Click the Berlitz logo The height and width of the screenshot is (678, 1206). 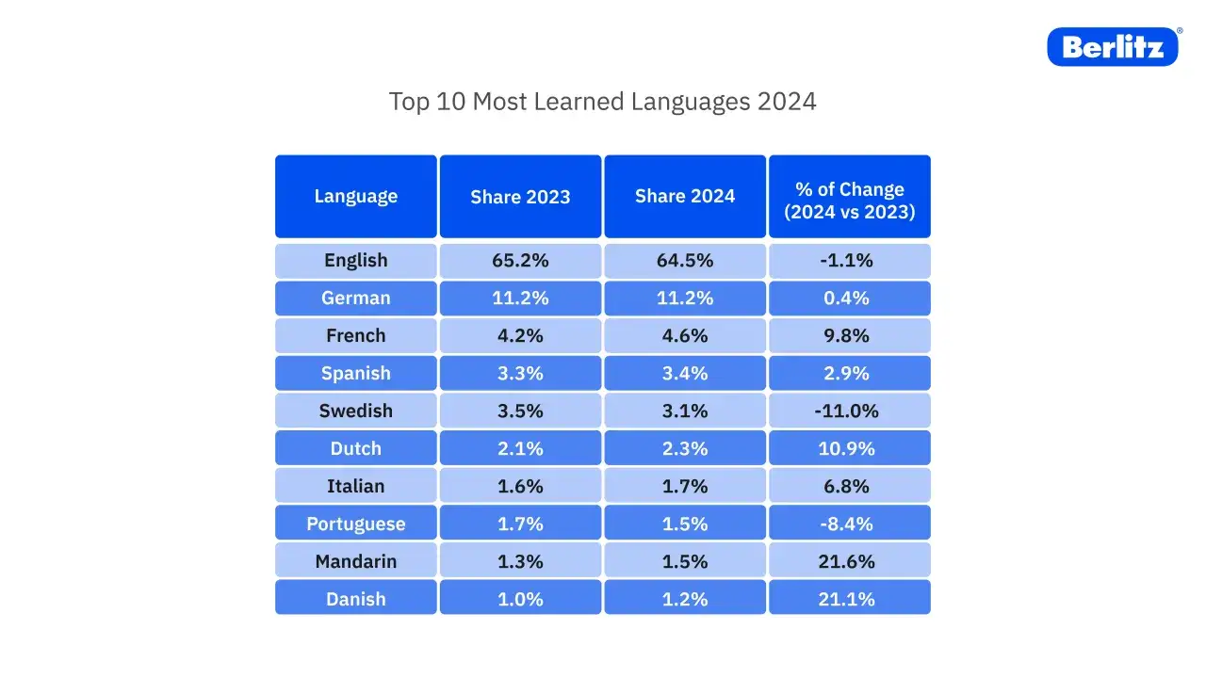click(1113, 46)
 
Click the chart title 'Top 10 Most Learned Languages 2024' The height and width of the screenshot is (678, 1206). click(602, 102)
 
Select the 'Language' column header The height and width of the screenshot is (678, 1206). click(356, 196)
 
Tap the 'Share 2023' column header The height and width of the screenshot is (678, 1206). click(520, 196)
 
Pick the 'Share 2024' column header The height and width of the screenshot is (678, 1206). click(685, 196)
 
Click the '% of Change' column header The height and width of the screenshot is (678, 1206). click(849, 200)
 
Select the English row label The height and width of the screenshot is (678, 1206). click(356, 261)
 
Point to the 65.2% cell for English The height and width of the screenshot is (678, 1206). click(520, 261)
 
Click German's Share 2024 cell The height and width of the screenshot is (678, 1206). click(685, 299)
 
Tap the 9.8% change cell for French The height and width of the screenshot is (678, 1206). click(849, 336)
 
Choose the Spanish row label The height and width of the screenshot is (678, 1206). click(356, 373)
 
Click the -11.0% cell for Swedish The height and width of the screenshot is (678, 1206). click(849, 411)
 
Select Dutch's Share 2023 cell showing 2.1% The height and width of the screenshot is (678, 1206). click(520, 448)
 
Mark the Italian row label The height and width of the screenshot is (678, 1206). click(356, 486)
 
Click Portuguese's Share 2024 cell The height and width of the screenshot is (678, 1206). click(685, 524)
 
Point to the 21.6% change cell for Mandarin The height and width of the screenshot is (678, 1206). click(849, 561)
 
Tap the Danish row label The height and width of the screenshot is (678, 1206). click(356, 599)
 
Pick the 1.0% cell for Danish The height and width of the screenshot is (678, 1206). click(520, 599)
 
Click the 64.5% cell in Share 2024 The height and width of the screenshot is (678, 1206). click(685, 261)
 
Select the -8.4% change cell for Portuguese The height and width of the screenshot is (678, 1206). click(849, 524)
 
